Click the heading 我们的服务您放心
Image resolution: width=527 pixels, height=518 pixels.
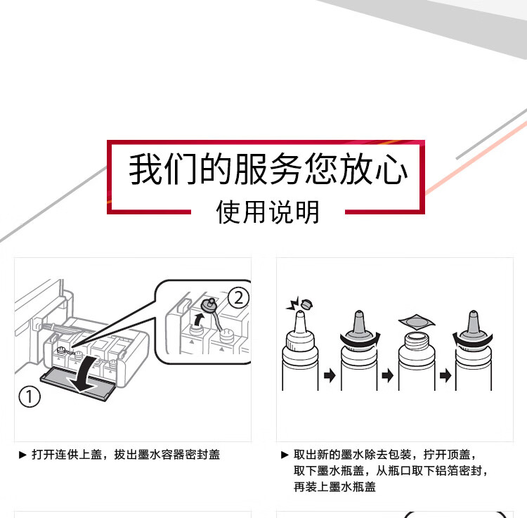pyautogui.click(x=268, y=169)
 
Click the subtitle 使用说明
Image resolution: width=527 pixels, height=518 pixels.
pyautogui.click(x=268, y=212)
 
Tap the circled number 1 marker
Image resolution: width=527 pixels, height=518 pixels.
pyautogui.click(x=30, y=396)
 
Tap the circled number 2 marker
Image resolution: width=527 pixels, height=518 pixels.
pyautogui.click(x=238, y=298)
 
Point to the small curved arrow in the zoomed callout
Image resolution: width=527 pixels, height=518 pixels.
pyautogui.click(x=199, y=319)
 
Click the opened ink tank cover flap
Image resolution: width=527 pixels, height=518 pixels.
pyautogui.click(x=78, y=384)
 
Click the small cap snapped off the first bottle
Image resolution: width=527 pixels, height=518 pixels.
pyautogui.click(x=306, y=304)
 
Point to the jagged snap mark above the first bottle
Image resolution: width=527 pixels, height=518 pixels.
pyautogui.click(x=292, y=304)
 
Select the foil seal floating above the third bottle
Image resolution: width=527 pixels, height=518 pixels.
pyautogui.click(x=417, y=322)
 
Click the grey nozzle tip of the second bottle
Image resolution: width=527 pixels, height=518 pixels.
pyautogui.click(x=359, y=322)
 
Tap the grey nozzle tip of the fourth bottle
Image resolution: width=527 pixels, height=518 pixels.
pyautogui.click(x=474, y=322)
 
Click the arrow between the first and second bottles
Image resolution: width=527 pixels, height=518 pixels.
pyautogui.click(x=330, y=375)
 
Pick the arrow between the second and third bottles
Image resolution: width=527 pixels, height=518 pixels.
pyautogui.click(x=387, y=375)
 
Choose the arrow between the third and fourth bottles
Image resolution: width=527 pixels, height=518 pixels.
pyautogui.click(x=445, y=375)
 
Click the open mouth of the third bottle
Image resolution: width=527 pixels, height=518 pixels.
pyautogui.click(x=417, y=336)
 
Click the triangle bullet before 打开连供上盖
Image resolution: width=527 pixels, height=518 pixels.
pyautogui.click(x=23, y=455)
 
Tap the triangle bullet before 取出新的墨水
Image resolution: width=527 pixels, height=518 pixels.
pyautogui.click(x=285, y=455)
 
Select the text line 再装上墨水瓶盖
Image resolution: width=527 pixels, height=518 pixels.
pyautogui.click(x=334, y=487)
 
